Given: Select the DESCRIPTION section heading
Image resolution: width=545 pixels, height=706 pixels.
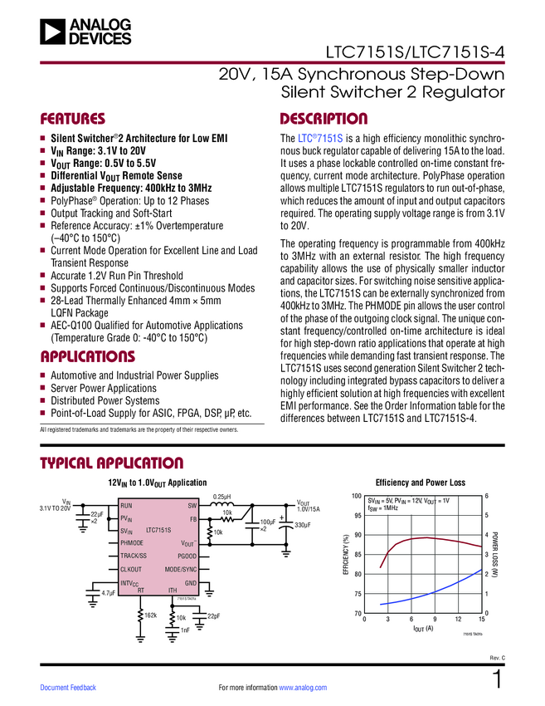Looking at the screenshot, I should [324, 119].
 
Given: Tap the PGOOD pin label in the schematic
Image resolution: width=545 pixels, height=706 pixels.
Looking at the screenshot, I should [187, 555].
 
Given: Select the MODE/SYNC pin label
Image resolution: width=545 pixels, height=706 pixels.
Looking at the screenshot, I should [181, 569].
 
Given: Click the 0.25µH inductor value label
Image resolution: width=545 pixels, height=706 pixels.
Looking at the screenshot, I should [222, 497].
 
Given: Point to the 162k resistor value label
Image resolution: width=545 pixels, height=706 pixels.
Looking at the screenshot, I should [150, 615].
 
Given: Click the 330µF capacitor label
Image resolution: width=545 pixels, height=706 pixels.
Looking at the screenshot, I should [302, 525].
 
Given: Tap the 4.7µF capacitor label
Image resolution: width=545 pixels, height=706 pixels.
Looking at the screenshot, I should [108, 594].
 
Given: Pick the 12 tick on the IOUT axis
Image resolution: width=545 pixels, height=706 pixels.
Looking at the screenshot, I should [458, 620].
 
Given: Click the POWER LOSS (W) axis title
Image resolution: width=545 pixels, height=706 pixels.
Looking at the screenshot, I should [495, 554].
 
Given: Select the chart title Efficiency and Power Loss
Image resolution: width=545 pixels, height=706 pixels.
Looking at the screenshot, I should [421, 482].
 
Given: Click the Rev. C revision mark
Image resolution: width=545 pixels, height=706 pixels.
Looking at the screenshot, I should [497, 658].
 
